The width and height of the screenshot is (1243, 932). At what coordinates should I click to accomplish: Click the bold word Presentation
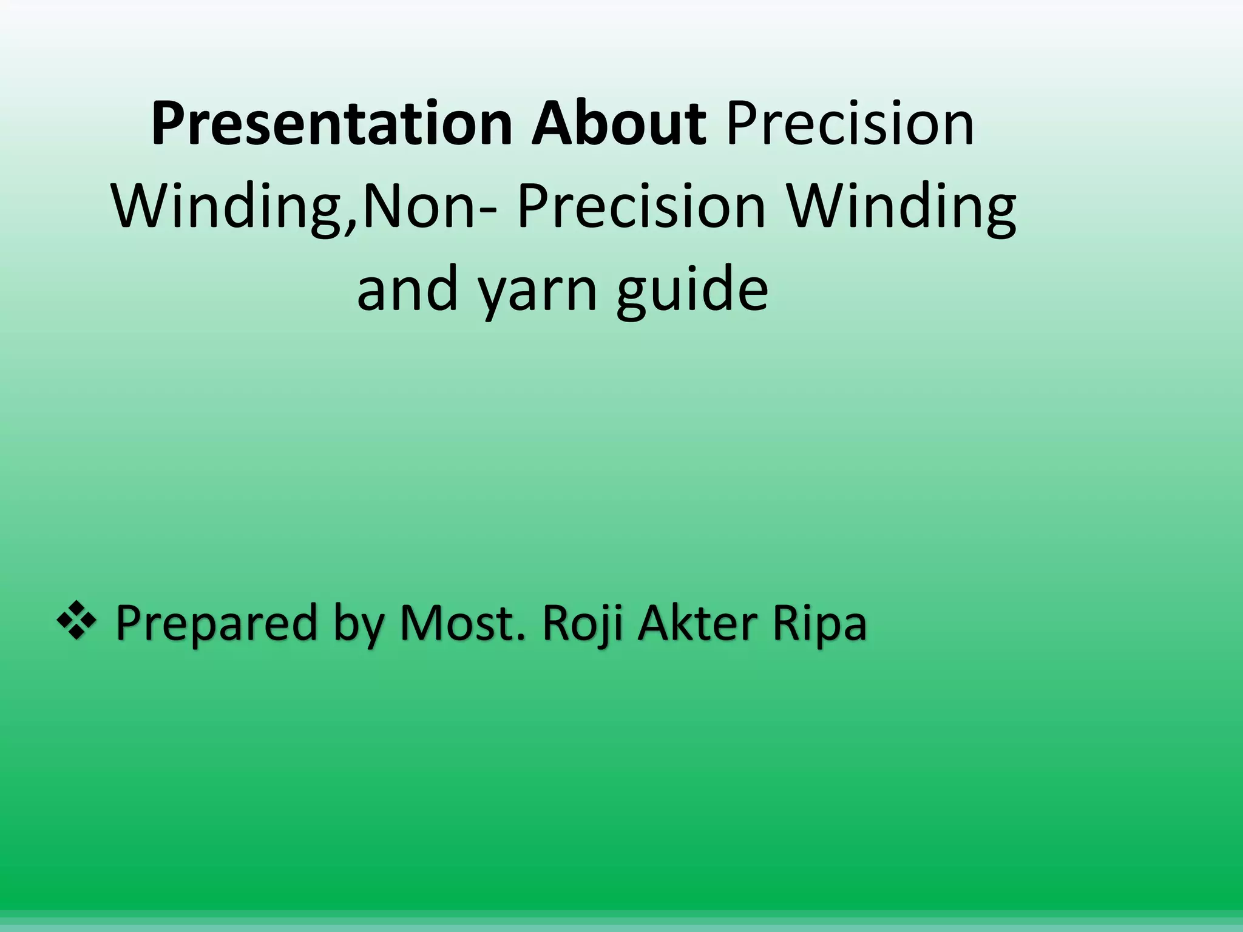click(331, 125)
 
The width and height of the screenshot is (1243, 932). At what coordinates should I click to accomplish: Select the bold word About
click(618, 125)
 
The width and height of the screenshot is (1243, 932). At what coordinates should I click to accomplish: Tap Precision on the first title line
click(850, 125)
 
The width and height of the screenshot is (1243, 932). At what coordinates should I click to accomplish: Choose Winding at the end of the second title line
click(901, 208)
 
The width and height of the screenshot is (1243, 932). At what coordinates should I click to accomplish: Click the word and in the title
click(407, 289)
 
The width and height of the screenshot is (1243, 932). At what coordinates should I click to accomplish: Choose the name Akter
click(694, 623)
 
